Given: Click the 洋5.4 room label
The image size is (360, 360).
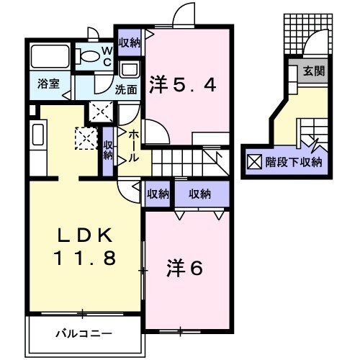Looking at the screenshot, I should [x=182, y=86].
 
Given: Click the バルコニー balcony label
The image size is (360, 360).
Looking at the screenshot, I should [x=84, y=333].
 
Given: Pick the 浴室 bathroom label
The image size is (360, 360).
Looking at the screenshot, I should [x=49, y=84].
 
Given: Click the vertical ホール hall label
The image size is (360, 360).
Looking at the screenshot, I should [x=134, y=143].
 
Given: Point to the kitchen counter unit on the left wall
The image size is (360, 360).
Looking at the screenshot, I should [x=39, y=141].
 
